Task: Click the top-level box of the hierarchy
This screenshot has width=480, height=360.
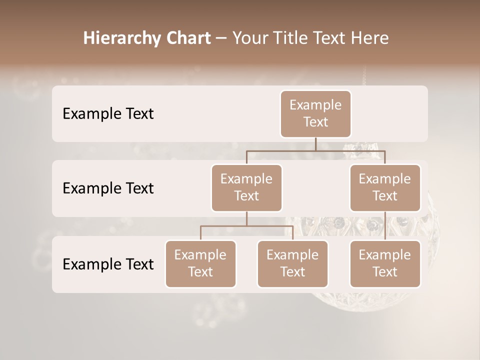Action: point(315,114)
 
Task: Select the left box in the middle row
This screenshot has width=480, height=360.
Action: point(246,188)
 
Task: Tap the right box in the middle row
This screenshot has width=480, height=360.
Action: point(385,188)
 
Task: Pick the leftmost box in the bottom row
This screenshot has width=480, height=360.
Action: point(200,264)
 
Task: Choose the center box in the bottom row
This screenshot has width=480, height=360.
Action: point(292,264)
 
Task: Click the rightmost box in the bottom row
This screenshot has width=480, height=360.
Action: point(385,264)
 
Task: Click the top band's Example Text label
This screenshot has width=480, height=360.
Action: point(108,114)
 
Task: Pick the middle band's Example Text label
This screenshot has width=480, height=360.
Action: point(108,188)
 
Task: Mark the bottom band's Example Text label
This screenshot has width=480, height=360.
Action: point(108,264)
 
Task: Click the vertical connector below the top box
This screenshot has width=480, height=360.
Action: point(315,144)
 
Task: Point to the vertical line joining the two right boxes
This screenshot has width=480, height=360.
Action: point(385,226)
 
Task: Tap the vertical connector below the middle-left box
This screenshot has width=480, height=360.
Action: point(246,218)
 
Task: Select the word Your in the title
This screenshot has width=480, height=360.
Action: point(248,38)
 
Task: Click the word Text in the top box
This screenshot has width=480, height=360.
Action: point(315,122)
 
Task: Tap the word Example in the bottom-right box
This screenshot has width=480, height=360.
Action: point(385,255)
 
